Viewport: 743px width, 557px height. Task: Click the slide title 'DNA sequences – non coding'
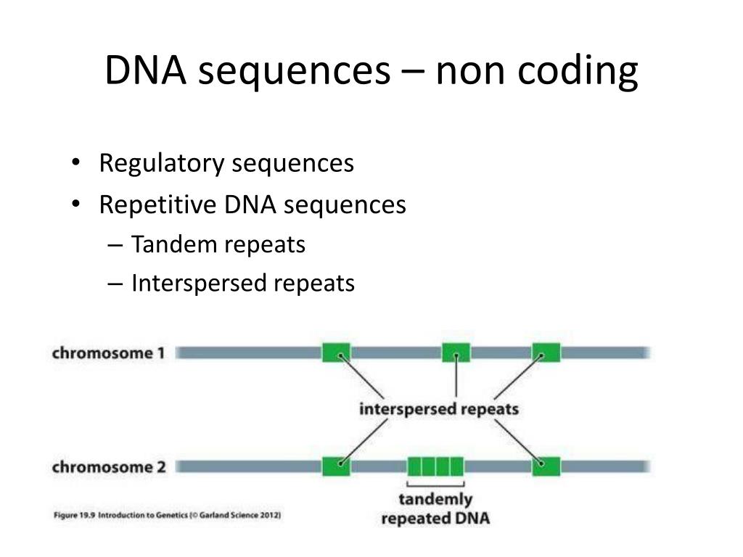coord(371,71)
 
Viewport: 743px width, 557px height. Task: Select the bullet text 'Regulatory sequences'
coord(226,164)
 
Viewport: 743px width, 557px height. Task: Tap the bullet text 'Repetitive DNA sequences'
coord(253,205)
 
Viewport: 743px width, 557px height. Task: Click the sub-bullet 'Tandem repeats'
coord(218,245)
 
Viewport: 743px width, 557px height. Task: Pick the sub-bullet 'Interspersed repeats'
coord(243,284)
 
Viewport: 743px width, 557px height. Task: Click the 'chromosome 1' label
coord(108,353)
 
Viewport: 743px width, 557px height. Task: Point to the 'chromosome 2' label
coord(108,467)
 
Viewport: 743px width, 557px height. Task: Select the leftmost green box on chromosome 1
coord(336,352)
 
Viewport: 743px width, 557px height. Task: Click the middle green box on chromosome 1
coord(456,352)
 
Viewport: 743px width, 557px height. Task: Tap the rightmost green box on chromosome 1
coord(546,352)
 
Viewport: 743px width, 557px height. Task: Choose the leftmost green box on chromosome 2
coord(336,466)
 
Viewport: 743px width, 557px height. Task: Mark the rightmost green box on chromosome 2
coord(546,466)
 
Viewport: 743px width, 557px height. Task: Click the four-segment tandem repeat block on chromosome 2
coord(435,466)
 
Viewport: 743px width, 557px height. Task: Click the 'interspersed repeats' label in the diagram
coord(439,409)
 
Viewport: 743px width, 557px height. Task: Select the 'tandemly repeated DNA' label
coord(435,509)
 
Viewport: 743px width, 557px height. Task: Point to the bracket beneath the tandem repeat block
coord(435,484)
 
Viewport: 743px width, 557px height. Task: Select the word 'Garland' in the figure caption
coord(215,516)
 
